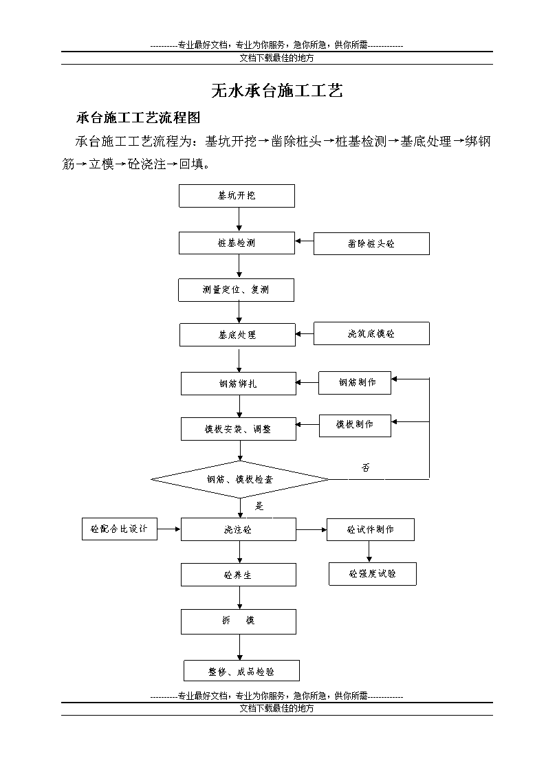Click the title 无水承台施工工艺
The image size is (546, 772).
point(276,91)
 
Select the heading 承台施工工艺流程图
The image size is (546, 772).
point(138,118)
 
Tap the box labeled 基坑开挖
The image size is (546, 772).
point(237,196)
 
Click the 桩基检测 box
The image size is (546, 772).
point(237,243)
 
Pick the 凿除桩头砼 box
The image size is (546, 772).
point(371,244)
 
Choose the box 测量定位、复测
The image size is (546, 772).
point(237,290)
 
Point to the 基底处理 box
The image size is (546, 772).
point(237,335)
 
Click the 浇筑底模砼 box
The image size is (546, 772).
point(371,334)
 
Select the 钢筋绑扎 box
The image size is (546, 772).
point(239,384)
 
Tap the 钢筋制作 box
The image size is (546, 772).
point(354,383)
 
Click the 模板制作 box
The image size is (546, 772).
point(355,426)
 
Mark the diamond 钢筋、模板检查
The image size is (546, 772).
point(240,479)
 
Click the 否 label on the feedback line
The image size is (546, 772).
point(366,467)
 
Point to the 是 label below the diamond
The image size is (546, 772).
point(259,506)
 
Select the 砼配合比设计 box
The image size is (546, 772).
point(120,529)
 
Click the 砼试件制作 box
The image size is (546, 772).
point(370,530)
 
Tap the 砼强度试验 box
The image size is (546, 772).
point(373,574)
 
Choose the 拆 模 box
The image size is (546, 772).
point(239,622)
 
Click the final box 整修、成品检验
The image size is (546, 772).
point(242,671)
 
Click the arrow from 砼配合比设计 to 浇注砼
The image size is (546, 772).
point(169,529)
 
